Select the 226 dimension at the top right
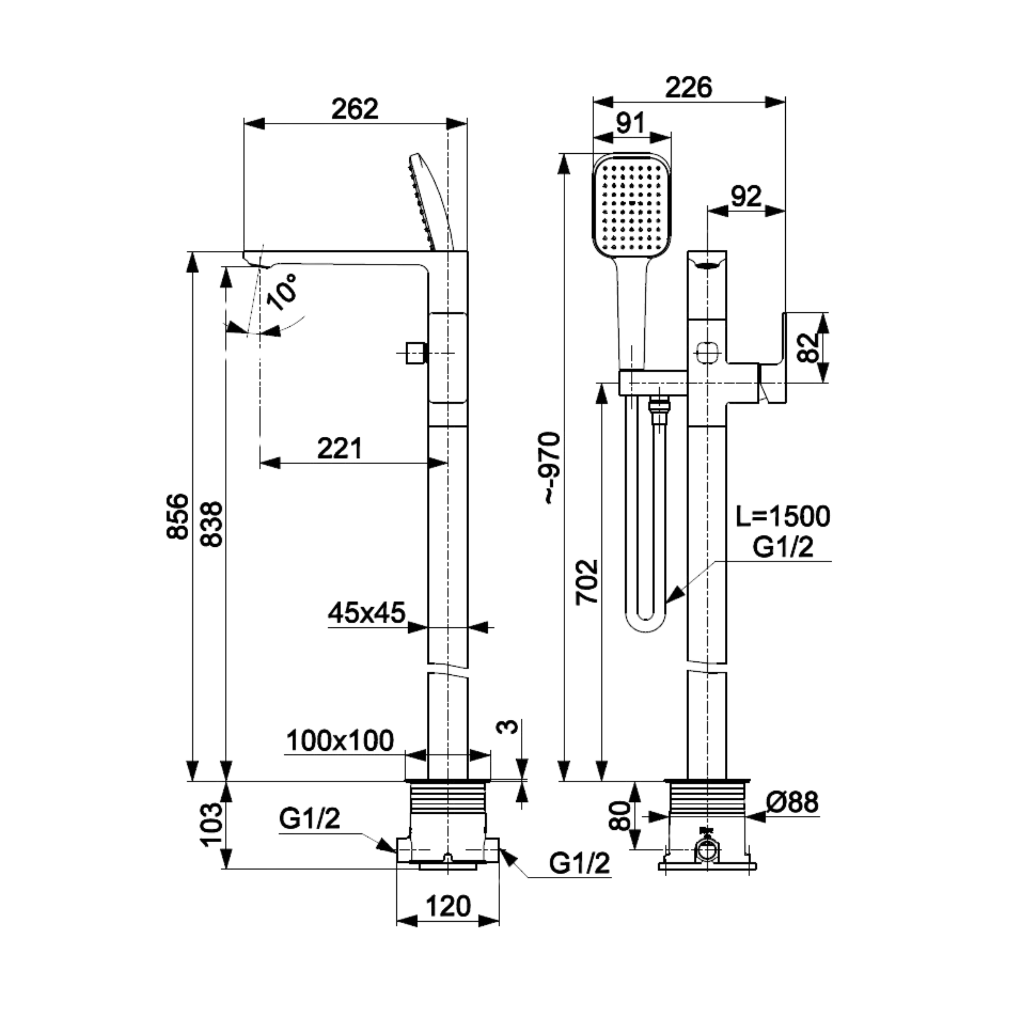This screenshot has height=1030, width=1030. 688,87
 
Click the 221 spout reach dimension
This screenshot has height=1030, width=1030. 339,448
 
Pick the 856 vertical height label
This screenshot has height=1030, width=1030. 178,517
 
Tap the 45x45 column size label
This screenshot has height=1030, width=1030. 366,613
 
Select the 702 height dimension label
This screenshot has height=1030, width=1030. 587,582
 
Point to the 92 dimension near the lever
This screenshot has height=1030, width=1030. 746,197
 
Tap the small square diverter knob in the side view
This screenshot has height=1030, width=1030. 415,353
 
